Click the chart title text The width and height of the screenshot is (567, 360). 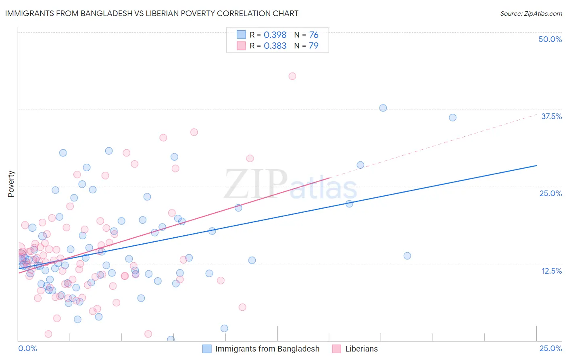click(x=152, y=13)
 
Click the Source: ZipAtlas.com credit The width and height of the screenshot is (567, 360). click(x=531, y=13)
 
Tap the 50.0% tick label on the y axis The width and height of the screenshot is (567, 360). click(x=550, y=39)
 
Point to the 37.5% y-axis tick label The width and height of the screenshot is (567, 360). click(x=551, y=116)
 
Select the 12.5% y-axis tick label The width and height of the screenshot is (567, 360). click(x=551, y=271)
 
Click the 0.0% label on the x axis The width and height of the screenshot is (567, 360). click(x=27, y=348)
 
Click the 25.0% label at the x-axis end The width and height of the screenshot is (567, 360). click(x=550, y=348)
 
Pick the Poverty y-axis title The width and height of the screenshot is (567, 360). click(x=11, y=184)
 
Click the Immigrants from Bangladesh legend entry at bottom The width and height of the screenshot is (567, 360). click(x=267, y=349)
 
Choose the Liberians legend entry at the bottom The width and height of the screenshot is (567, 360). click(x=361, y=349)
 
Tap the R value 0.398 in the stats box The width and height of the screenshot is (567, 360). click(x=275, y=35)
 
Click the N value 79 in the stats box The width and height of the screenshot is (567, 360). click(x=313, y=46)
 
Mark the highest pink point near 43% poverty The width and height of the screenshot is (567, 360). click(x=292, y=76)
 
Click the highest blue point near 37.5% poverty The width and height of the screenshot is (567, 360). click(x=383, y=108)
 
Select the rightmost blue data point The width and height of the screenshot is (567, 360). click(x=452, y=117)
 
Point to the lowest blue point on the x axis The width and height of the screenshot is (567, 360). click(x=171, y=339)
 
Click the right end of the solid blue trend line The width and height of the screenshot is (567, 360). click(x=536, y=165)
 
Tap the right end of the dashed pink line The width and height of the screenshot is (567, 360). click(x=536, y=114)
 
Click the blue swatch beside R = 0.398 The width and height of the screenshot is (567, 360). click(x=241, y=35)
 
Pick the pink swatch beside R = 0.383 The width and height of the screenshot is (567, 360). click(x=241, y=46)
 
